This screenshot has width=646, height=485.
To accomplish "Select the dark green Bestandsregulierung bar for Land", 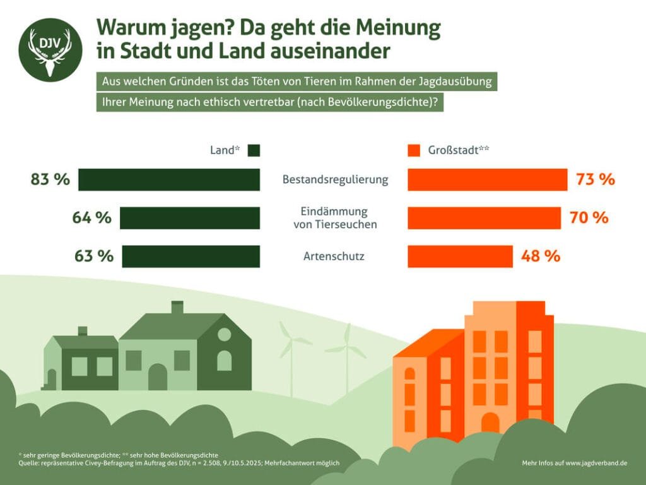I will [169, 179].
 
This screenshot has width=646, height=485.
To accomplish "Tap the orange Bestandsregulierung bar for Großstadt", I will [487, 179].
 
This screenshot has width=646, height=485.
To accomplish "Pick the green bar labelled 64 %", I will [190, 218].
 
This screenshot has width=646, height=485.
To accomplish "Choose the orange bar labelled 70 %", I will [484, 218].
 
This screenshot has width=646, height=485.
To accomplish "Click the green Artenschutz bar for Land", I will [191, 256].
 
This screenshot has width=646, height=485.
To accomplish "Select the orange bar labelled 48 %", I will [460, 256].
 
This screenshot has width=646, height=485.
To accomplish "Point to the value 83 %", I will [50, 179].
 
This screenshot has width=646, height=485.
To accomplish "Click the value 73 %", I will [595, 179].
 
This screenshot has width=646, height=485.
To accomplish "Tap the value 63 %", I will [93, 256].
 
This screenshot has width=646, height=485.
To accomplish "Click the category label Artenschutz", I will [335, 256].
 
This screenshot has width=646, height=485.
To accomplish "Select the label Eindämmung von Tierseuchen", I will [335, 218].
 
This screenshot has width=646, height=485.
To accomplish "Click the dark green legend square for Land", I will [254, 151].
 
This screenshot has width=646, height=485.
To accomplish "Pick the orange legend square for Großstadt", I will [414, 151].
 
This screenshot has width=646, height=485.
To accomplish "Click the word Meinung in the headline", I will [398, 28].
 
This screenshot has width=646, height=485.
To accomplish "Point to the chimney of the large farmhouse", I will [177, 308].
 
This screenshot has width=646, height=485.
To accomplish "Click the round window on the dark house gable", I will [224, 335].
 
